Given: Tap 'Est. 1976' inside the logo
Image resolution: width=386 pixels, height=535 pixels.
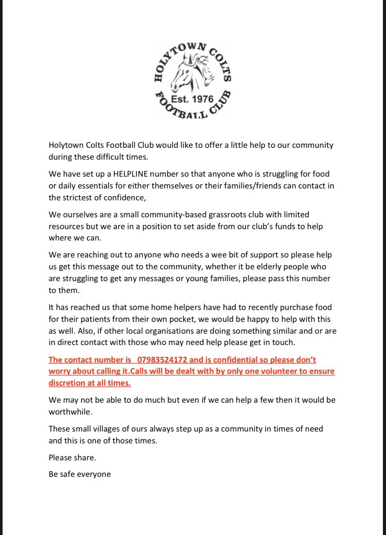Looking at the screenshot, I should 192,99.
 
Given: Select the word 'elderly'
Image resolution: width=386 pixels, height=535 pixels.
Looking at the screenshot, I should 276,267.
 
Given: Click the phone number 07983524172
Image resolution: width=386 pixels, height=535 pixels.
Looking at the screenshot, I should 164,359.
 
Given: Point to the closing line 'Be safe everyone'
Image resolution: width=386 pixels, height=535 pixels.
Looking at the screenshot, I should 80,474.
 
